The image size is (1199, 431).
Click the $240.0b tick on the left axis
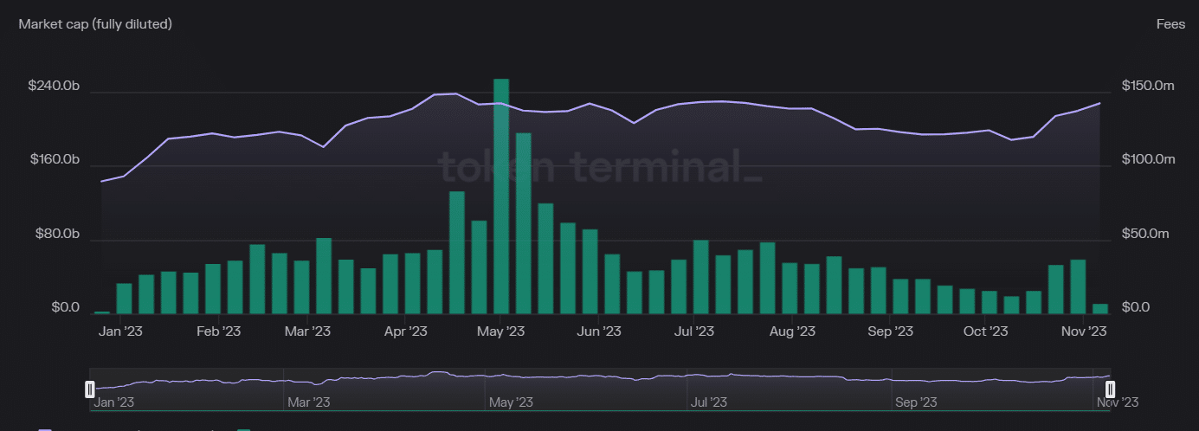tap(54, 86)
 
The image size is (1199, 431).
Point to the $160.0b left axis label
tap(54, 159)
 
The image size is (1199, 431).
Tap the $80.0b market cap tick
tap(57, 234)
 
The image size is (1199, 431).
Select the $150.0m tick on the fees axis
tap(1148, 86)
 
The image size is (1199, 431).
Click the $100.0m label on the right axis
tap(1148, 159)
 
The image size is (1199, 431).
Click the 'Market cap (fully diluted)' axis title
tap(95, 24)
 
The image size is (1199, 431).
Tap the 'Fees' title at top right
tap(1170, 24)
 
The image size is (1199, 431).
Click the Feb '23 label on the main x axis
tap(218, 331)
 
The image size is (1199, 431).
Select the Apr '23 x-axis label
tap(406, 331)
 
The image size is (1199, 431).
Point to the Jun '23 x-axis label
tap(599, 331)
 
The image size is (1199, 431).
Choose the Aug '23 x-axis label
tap(792, 331)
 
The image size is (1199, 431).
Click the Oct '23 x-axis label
tap(986, 331)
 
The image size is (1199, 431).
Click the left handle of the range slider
tap(89, 389)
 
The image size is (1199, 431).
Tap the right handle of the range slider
tap(1111, 389)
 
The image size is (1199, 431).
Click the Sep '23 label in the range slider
tap(916, 402)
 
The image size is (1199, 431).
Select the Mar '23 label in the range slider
tap(308, 402)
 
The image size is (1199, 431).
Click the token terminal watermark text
tap(599, 166)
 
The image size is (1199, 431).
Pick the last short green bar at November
tap(1100, 308)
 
